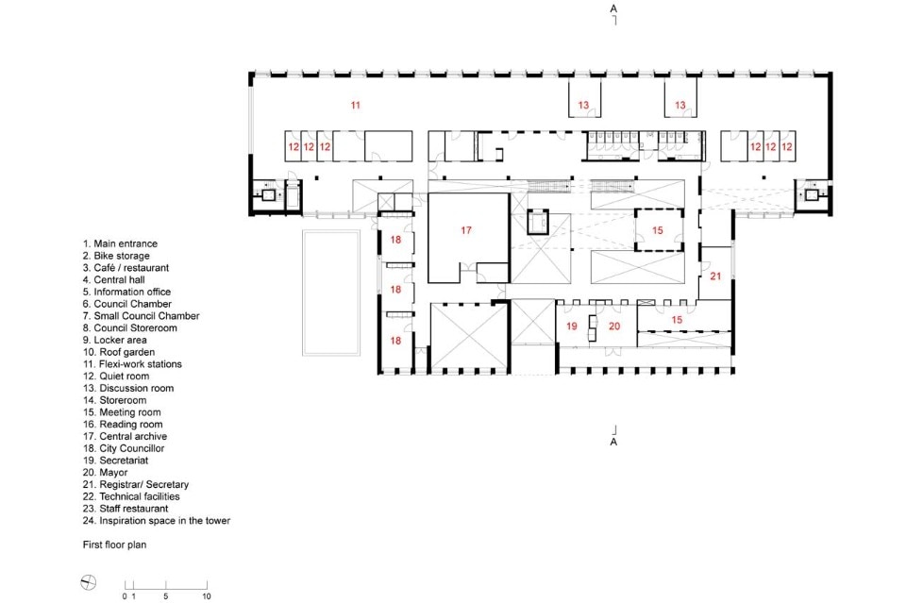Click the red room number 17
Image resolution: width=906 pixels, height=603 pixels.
(x=466, y=230)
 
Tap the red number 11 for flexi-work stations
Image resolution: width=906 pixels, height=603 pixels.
(x=356, y=105)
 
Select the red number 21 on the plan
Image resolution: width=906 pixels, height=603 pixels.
(x=715, y=276)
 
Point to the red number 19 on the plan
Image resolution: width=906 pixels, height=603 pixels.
(x=572, y=327)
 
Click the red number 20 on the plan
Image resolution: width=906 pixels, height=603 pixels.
(x=614, y=327)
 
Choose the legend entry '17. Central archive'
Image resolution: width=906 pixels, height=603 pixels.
(x=125, y=436)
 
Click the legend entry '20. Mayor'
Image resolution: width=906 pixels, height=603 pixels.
(x=105, y=473)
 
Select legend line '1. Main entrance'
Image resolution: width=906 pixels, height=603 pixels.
(x=120, y=243)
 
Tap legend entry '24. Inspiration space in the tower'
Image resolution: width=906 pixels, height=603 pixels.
(x=157, y=520)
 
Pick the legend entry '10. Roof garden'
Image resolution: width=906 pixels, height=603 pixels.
(x=119, y=352)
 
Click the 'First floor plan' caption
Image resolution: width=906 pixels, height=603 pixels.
(x=114, y=544)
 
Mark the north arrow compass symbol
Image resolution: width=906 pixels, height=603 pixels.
(x=89, y=583)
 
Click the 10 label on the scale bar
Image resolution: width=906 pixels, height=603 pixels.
(x=207, y=596)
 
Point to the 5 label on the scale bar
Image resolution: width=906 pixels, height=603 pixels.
(x=166, y=596)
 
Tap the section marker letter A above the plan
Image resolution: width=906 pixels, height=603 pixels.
(x=613, y=8)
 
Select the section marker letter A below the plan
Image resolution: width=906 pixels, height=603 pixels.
(x=613, y=442)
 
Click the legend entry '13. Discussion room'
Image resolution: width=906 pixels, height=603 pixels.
(x=128, y=388)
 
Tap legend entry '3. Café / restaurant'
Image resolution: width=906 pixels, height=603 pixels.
(x=126, y=268)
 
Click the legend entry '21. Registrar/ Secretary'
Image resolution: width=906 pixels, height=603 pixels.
(x=136, y=485)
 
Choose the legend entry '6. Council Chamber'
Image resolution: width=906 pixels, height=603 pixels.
(x=127, y=304)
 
